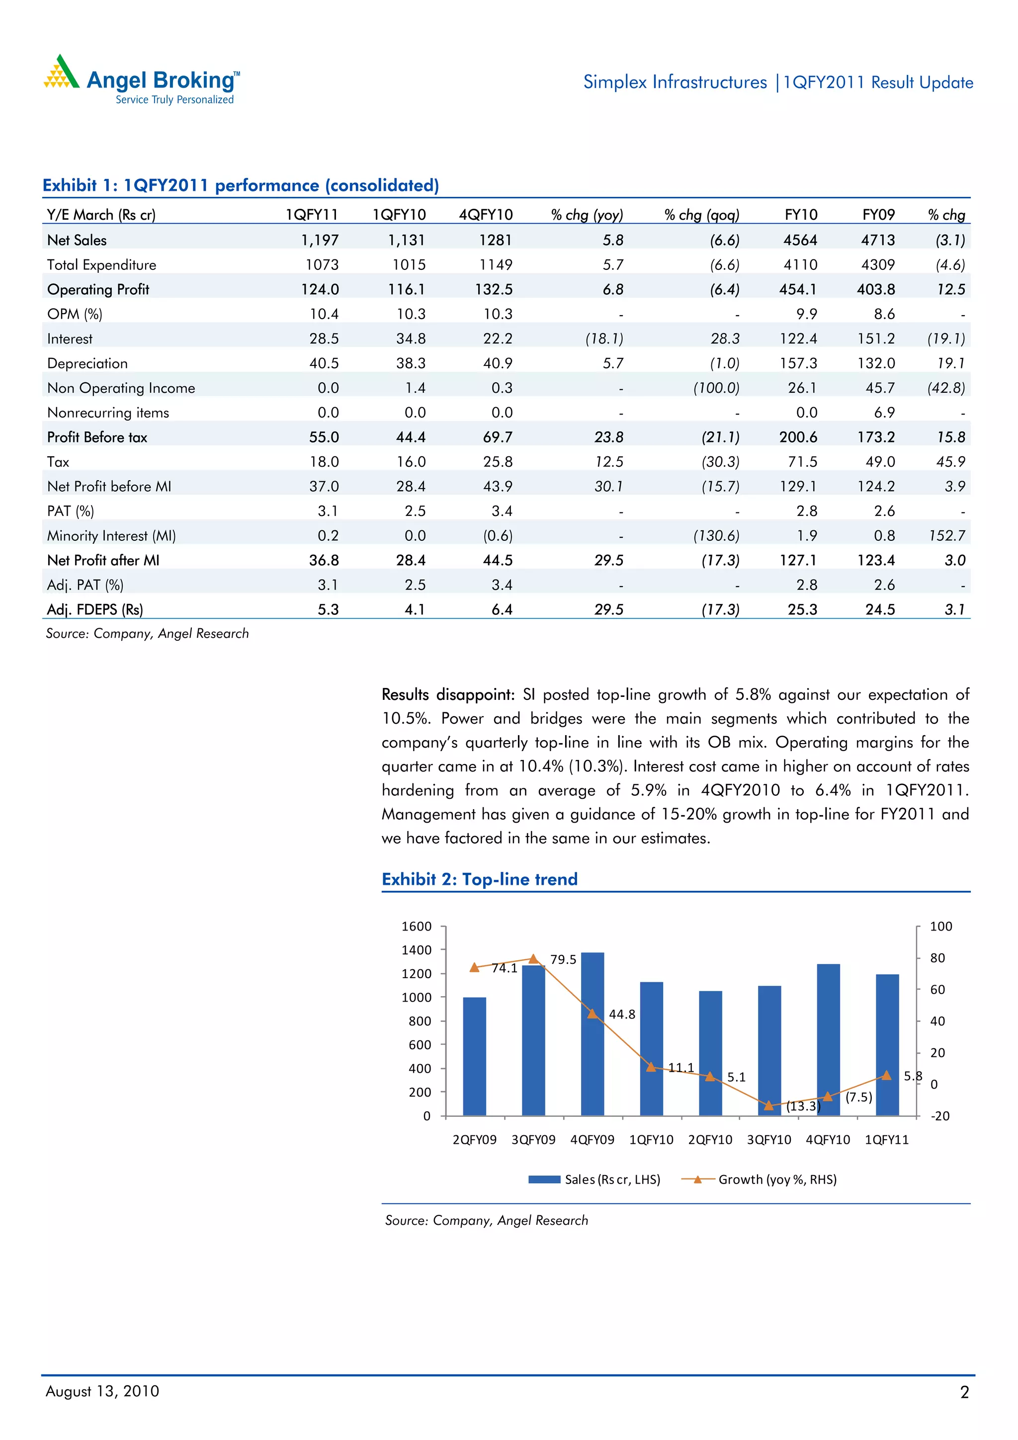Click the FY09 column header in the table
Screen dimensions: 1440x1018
pos(878,215)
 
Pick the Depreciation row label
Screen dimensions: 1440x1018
pos(87,364)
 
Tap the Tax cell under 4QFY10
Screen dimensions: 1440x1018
pos(498,462)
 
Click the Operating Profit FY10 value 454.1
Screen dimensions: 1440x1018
pos(798,290)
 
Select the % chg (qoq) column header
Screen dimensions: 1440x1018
pos(701,215)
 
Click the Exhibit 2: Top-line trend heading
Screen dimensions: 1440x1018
pos(479,879)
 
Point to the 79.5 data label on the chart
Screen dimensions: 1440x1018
pos(563,959)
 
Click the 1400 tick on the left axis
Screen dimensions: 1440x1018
pos(417,950)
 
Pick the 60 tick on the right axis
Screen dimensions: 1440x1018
pos(937,990)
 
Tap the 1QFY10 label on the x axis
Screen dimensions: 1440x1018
pos(651,1140)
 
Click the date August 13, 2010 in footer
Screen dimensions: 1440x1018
pos(102,1391)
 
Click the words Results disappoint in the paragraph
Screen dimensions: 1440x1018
pos(447,695)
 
